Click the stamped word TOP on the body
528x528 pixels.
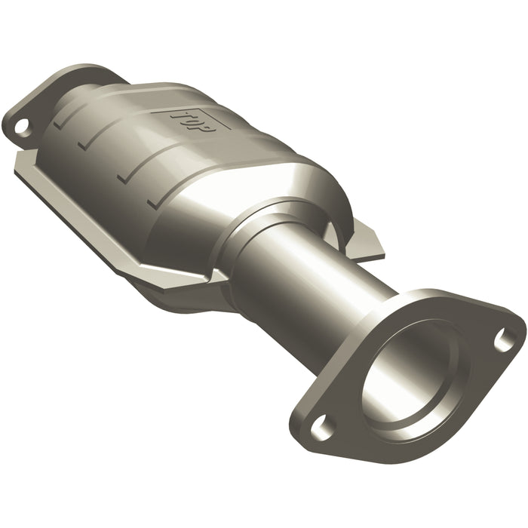click(192, 121)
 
